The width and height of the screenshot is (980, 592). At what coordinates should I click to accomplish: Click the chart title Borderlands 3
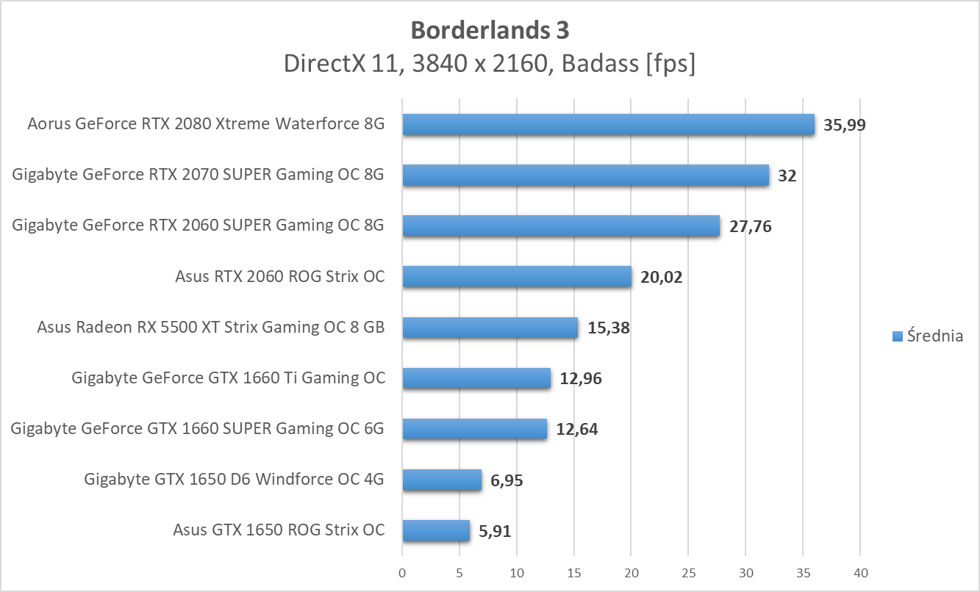(490, 30)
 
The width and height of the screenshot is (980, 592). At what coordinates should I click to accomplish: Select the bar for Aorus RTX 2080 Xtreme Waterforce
(608, 125)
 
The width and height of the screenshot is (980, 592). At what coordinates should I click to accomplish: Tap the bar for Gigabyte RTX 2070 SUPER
(585, 175)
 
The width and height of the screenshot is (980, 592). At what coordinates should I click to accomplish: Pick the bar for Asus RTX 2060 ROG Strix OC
(517, 276)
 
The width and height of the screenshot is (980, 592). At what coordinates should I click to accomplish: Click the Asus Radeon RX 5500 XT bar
(490, 328)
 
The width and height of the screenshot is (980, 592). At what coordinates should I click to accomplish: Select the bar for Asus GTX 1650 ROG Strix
(436, 530)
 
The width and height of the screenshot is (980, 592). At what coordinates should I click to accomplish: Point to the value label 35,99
(845, 125)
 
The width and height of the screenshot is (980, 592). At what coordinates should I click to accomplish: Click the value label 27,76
(751, 226)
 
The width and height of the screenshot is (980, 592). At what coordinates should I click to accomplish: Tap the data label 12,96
(582, 379)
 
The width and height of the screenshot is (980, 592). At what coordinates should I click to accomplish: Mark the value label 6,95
(507, 480)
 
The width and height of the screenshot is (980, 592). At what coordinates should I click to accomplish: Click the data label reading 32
(787, 176)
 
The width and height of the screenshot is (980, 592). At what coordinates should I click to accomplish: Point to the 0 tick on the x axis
(402, 572)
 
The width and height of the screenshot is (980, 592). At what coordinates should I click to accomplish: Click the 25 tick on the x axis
(689, 572)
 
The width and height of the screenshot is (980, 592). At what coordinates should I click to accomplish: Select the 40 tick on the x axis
(861, 572)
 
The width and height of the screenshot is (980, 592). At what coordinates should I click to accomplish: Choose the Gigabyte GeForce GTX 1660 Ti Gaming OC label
(229, 378)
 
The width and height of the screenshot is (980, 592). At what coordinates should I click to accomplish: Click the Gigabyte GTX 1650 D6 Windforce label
(235, 480)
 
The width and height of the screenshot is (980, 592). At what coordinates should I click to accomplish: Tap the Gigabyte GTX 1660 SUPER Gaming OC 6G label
(198, 429)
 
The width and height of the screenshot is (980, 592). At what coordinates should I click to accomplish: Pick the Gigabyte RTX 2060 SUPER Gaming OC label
(198, 225)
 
